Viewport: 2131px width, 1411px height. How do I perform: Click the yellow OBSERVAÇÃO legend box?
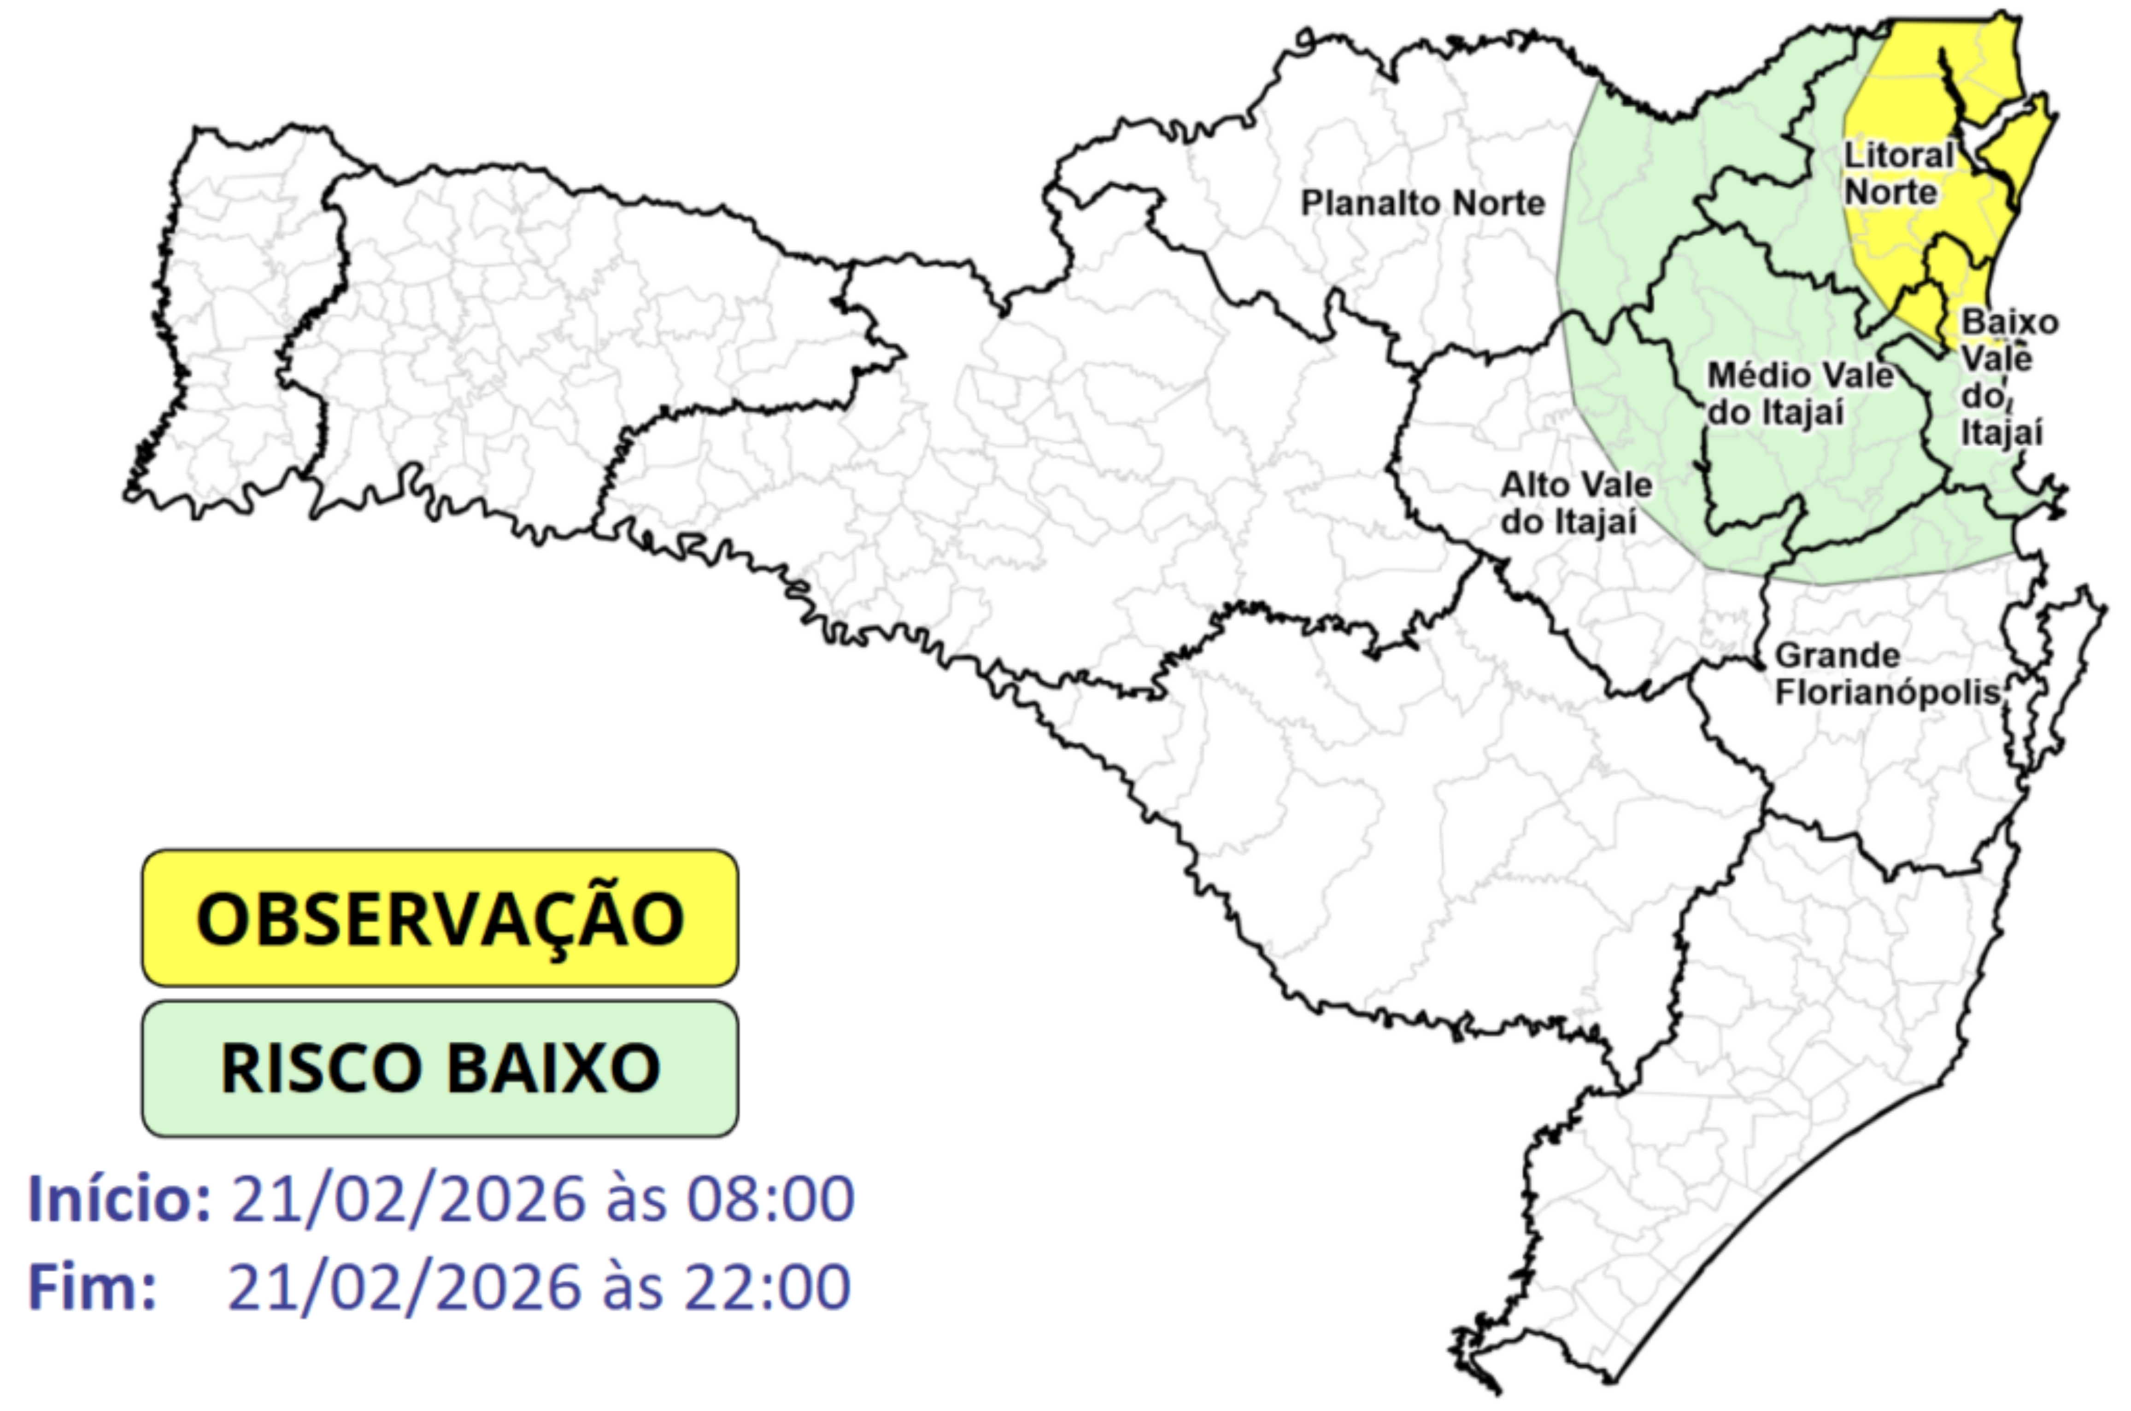point(440,918)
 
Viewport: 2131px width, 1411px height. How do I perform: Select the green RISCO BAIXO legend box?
point(440,1068)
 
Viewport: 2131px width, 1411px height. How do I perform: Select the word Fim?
point(92,1287)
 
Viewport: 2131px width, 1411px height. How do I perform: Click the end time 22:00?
point(767,1287)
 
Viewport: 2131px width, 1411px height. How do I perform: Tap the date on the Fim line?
point(405,1287)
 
